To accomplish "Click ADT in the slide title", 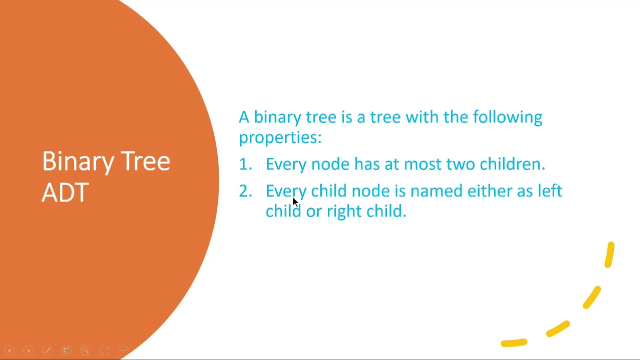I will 65,192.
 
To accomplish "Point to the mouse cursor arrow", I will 294,201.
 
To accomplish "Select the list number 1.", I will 244,164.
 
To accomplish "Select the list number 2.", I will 244,191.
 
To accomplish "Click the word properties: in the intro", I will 280,137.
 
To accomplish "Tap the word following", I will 507,117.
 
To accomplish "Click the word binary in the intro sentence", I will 277,117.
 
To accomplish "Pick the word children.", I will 511,164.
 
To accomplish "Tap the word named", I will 436,191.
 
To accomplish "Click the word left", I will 549,191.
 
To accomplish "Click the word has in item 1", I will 366,164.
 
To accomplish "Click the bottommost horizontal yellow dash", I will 513,343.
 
